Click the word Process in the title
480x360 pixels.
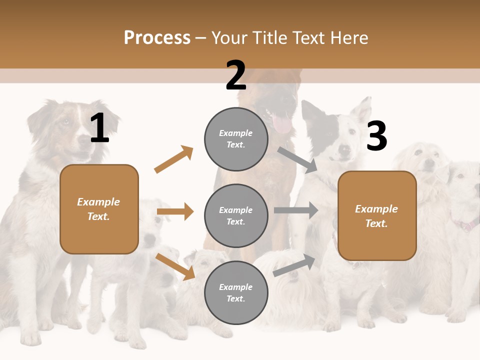point(157,38)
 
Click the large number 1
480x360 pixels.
point(99,128)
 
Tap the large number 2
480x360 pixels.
point(236,75)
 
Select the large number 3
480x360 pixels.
point(376,136)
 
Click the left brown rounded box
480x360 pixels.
point(99,209)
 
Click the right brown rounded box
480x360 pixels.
point(377,215)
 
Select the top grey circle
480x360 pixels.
point(236,139)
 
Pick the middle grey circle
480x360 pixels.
point(236,215)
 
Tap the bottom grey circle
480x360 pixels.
point(236,292)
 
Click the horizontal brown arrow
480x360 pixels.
point(175,211)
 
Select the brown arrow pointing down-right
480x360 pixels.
point(175,266)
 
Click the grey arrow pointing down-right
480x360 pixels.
point(297,160)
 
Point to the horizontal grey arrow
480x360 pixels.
point(295,210)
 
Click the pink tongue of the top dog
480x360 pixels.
point(282,125)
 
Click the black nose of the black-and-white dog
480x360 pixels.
point(344,149)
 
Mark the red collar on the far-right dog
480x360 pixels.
point(465,224)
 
